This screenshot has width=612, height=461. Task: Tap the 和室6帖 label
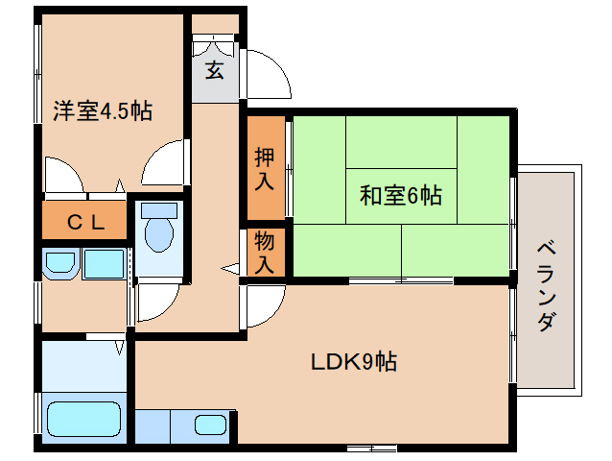click(400, 197)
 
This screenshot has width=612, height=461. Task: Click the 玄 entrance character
click(214, 70)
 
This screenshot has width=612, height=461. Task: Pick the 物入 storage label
click(264, 253)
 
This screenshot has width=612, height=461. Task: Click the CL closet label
click(85, 222)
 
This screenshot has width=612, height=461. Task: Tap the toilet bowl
click(157, 230)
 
